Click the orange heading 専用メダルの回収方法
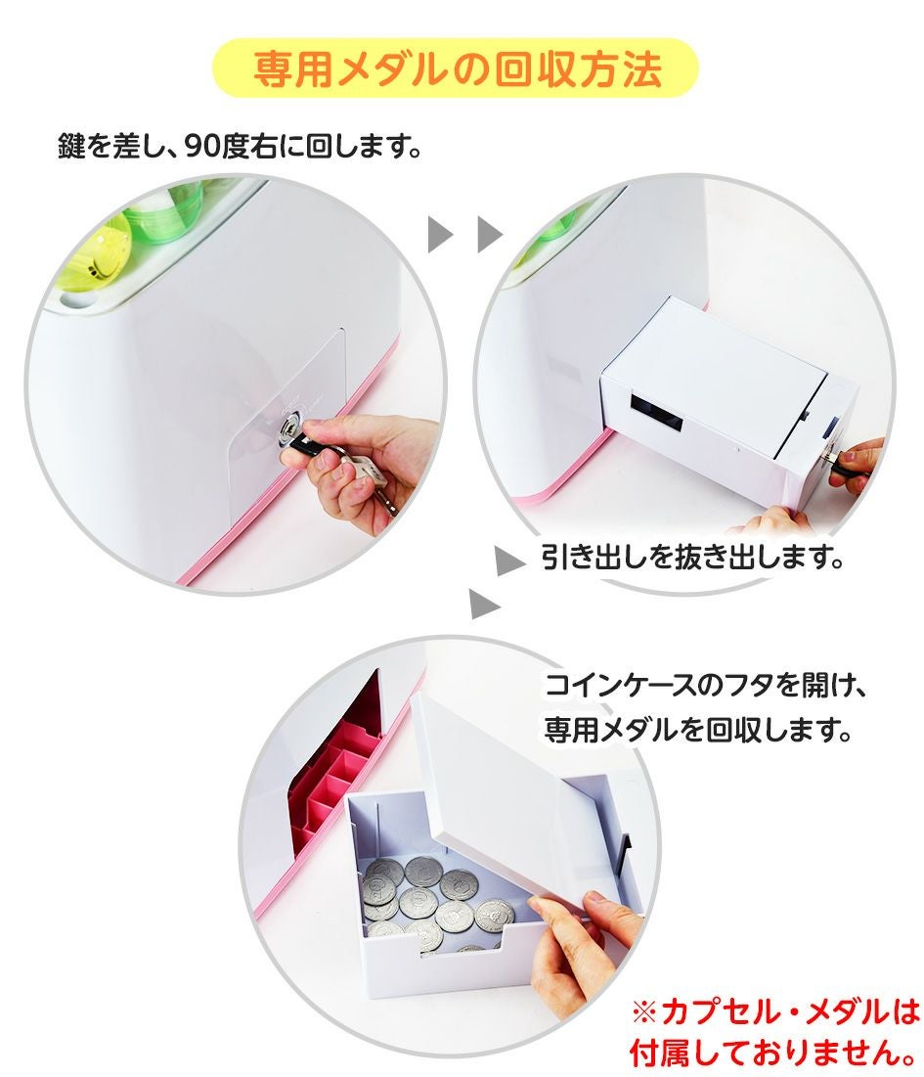[x=458, y=68]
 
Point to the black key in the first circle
[x=309, y=444]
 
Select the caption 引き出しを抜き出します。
[x=692, y=557]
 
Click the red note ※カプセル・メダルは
[x=774, y=1012]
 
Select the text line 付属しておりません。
[x=772, y=1052]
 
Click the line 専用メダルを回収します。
[x=697, y=729]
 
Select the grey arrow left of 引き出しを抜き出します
[x=510, y=561]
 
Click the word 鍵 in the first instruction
[x=70, y=146]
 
